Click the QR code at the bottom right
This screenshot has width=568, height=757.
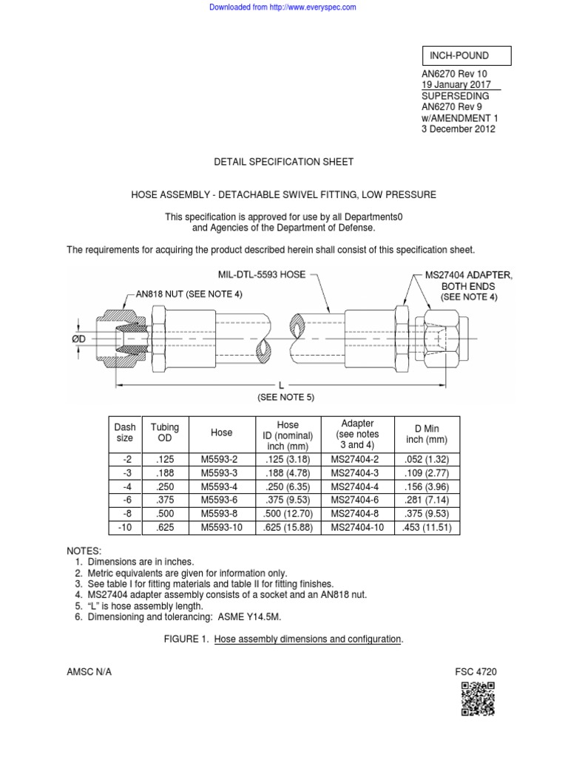pyautogui.click(x=478, y=699)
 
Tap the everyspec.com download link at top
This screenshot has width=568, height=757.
pyautogui.click(x=283, y=7)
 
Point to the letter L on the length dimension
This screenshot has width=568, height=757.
pyautogui.click(x=281, y=385)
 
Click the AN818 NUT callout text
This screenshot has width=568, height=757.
pyautogui.click(x=189, y=294)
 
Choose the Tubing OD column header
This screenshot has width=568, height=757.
pyautogui.click(x=165, y=433)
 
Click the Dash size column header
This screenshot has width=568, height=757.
pyautogui.click(x=125, y=433)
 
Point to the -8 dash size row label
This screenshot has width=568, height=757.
pyautogui.click(x=125, y=515)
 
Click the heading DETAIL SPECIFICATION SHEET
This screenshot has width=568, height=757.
pyautogui.click(x=283, y=162)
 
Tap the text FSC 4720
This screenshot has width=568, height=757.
pyautogui.click(x=476, y=672)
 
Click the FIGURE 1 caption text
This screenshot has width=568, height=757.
pyautogui.click(x=284, y=639)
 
